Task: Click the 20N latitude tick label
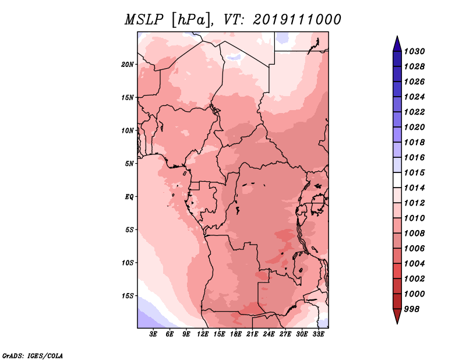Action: point(128,65)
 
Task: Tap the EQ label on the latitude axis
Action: point(129,197)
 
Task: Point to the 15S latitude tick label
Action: point(128,296)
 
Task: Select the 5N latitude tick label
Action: point(129,164)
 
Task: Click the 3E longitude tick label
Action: point(153,334)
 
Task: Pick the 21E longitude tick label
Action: point(252,334)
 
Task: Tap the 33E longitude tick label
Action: point(318,334)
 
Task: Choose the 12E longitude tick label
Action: point(203,334)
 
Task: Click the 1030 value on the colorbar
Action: point(414,51)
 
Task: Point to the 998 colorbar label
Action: point(412,309)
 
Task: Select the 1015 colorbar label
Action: point(414,172)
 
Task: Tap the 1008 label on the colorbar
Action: point(414,234)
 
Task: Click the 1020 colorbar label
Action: point(414,127)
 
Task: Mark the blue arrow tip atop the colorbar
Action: point(397,36)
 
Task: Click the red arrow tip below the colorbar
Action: point(397,323)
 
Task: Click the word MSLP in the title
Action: point(144,20)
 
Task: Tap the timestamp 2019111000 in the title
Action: point(297,20)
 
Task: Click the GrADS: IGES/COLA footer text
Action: point(33,356)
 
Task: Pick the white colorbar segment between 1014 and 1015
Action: point(397,180)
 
